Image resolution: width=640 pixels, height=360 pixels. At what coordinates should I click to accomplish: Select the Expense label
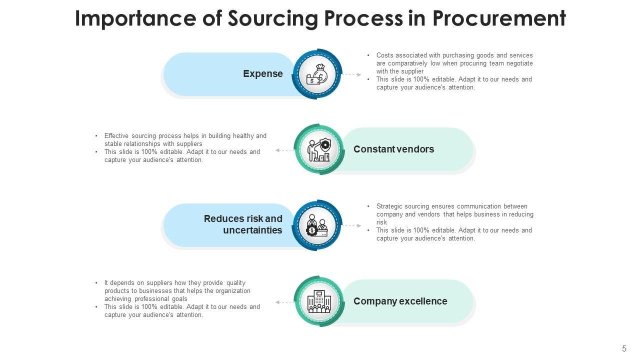263,74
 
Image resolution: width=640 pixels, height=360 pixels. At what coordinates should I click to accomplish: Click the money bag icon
317,74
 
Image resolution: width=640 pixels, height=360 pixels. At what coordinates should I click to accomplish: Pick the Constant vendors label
393,149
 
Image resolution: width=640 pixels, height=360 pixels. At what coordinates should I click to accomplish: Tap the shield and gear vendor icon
319,149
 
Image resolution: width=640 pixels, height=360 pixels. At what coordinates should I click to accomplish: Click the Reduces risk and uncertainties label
243,224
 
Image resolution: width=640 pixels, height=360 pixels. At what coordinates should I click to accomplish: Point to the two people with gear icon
317,225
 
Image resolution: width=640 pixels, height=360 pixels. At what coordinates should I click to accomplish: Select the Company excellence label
400,301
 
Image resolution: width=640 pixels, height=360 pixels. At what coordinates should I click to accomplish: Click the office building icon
319,301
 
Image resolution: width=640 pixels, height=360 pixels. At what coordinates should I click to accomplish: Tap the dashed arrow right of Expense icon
352,74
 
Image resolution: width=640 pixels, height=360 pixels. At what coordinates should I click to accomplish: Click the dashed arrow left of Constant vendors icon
285,150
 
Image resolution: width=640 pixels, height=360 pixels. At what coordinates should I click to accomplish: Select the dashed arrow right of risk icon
352,225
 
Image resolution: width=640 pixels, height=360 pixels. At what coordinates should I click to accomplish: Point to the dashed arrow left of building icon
285,302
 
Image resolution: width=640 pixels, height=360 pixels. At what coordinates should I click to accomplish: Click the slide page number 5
624,349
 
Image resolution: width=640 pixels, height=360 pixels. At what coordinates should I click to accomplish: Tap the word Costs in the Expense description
384,55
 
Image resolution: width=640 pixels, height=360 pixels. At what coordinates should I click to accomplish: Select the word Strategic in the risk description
389,206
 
